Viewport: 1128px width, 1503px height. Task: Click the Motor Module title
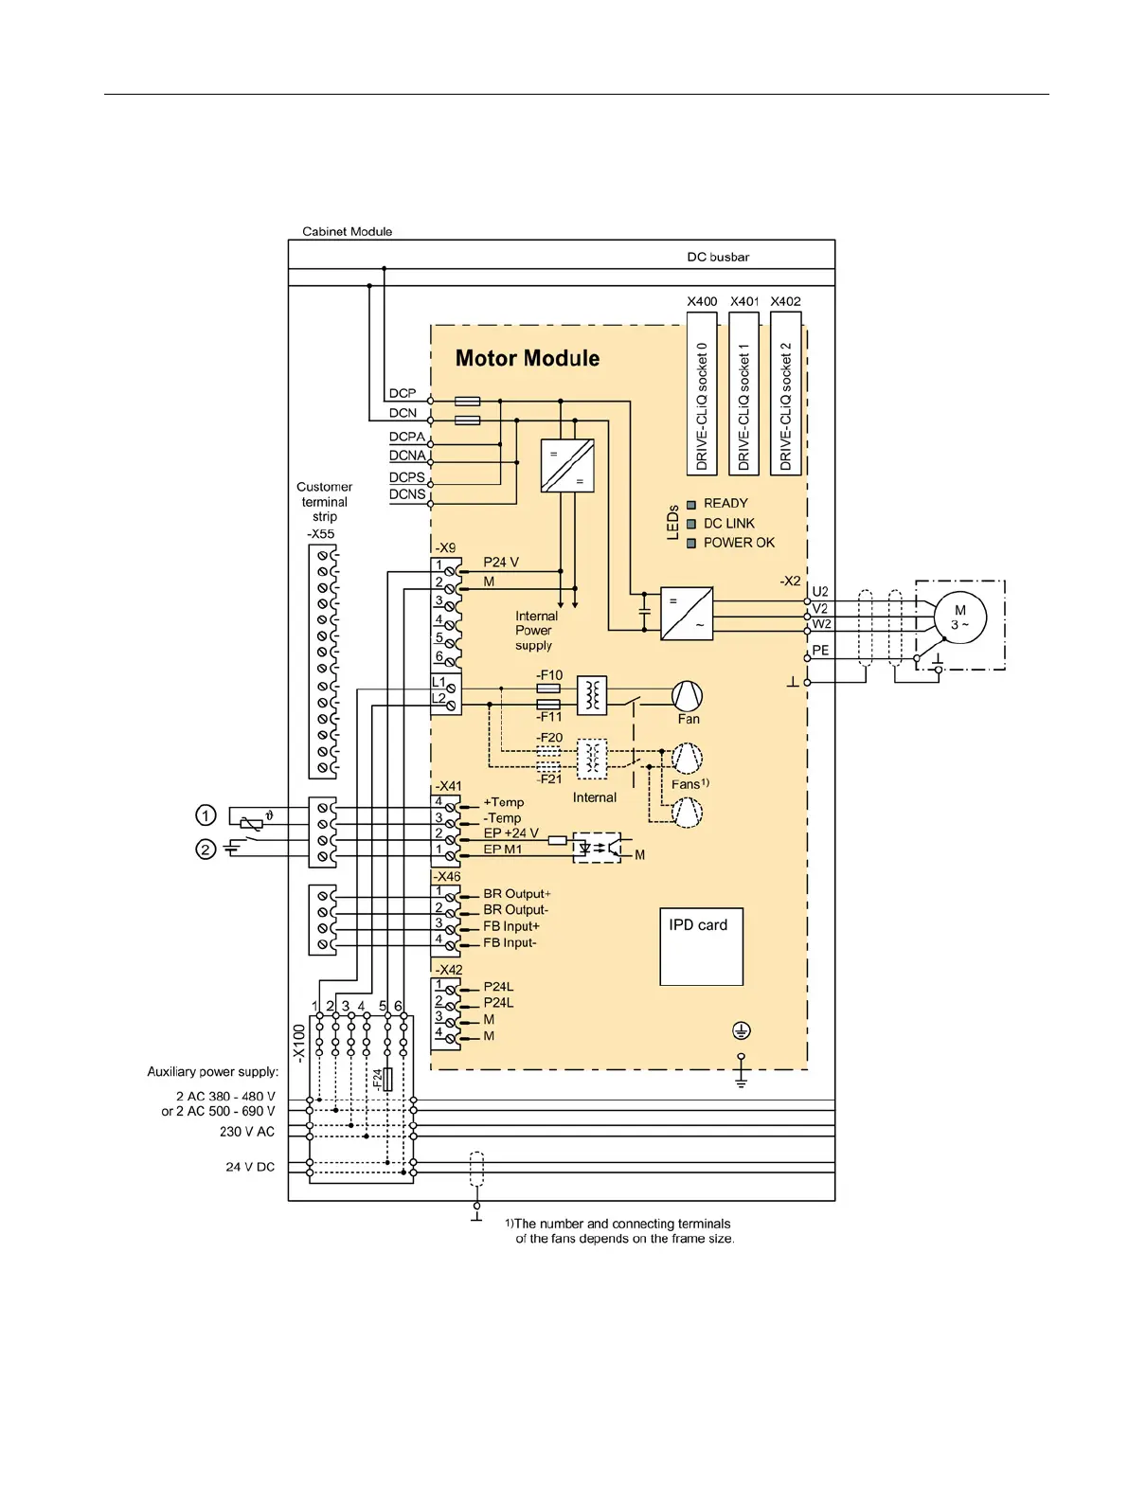527,358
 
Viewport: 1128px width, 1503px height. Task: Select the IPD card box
700,946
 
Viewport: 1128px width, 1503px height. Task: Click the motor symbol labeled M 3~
959,617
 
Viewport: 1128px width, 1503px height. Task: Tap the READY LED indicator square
691,504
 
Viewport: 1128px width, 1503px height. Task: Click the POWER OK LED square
691,543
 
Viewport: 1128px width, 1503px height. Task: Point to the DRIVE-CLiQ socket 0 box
702,393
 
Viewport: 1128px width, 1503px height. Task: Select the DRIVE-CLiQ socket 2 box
786,393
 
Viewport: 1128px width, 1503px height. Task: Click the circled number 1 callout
206,814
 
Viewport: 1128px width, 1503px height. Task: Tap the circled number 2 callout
206,850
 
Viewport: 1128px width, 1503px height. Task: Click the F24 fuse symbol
386,1079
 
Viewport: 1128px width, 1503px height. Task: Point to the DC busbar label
718,257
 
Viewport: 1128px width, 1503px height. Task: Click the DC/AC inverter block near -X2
687,613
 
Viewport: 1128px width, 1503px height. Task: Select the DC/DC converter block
567,465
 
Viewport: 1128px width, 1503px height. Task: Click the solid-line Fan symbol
688,696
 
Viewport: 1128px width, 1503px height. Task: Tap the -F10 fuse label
549,675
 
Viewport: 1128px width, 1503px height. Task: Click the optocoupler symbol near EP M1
598,848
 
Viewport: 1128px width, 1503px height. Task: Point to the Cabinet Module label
347,231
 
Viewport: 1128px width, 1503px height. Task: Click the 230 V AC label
247,1132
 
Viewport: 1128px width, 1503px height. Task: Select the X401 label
744,301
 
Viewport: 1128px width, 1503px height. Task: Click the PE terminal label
820,651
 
